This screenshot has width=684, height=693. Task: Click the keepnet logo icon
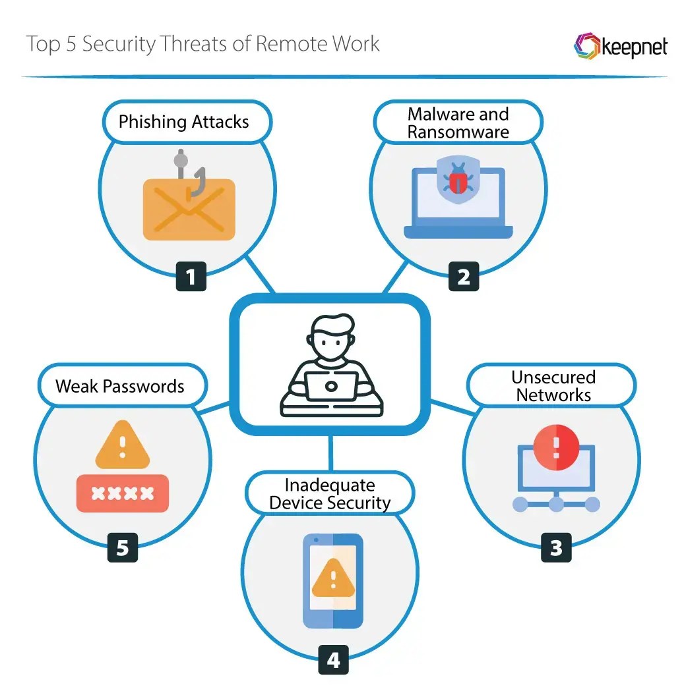pyautogui.click(x=586, y=47)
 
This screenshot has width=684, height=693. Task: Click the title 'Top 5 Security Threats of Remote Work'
pyautogui.click(x=202, y=44)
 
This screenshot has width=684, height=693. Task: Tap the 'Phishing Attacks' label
pyautogui.click(x=183, y=122)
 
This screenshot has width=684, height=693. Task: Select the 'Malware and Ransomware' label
pyautogui.click(x=458, y=123)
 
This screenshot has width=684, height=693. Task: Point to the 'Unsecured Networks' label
pyautogui.click(x=553, y=386)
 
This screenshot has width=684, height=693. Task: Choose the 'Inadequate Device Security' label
pyautogui.click(x=330, y=494)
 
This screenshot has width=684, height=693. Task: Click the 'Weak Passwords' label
pyautogui.click(x=120, y=386)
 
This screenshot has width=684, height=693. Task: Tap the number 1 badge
pyautogui.click(x=191, y=277)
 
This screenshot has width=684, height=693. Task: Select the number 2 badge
pyautogui.click(x=464, y=277)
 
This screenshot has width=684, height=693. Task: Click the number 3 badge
pyautogui.click(x=556, y=547)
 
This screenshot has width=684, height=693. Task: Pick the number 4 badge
pyautogui.click(x=334, y=659)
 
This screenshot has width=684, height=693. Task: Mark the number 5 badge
pyautogui.click(x=123, y=547)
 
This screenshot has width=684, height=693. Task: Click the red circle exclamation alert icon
pyautogui.click(x=556, y=444)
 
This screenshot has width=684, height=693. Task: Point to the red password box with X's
pyautogui.click(x=123, y=493)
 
